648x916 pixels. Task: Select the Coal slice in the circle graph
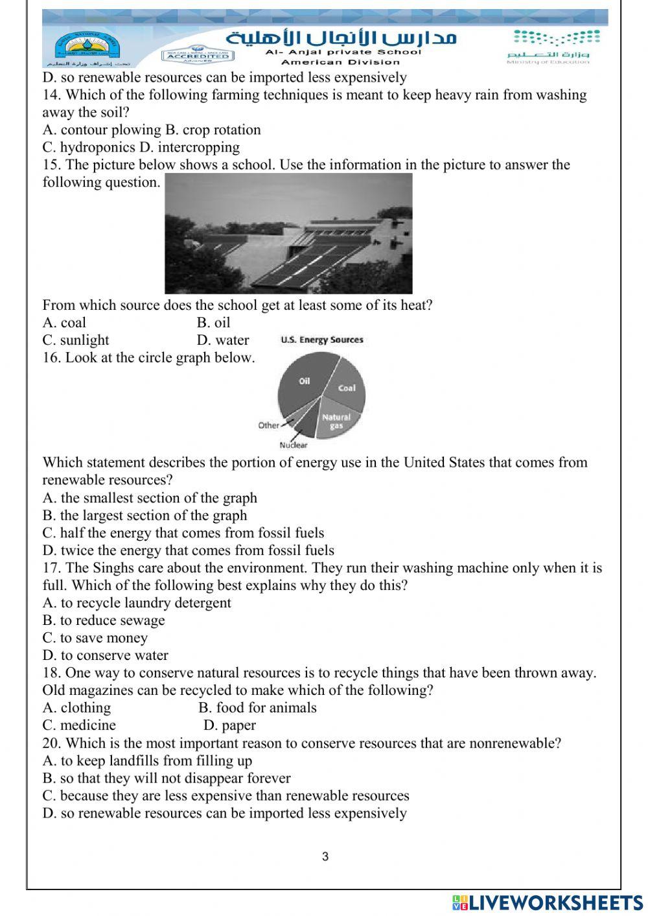click(x=347, y=388)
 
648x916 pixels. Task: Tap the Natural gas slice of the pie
click(x=336, y=421)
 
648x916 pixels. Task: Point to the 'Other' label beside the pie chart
click(x=268, y=425)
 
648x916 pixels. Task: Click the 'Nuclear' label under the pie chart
click(x=293, y=445)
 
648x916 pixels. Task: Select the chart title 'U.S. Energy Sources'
click(x=322, y=340)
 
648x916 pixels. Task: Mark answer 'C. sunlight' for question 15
click(x=76, y=340)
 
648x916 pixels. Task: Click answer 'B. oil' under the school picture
click(x=213, y=322)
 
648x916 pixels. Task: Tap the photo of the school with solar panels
click(x=288, y=233)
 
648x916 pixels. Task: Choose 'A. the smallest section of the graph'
click(x=150, y=498)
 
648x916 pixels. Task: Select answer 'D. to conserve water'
click(x=105, y=655)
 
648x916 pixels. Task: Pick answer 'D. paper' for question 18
click(x=229, y=725)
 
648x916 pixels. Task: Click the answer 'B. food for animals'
click(x=257, y=707)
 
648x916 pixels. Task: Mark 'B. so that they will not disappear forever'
click(x=167, y=778)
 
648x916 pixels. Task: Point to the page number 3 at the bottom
click(x=325, y=856)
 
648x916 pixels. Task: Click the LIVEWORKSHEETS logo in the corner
click(x=547, y=902)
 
